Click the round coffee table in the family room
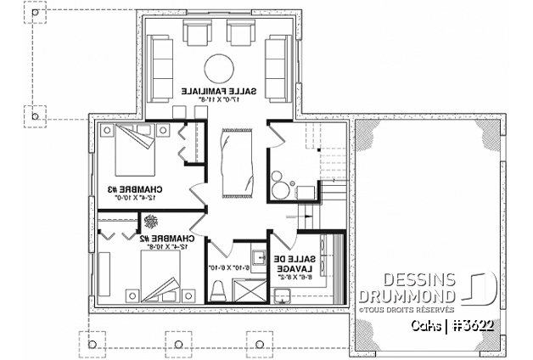219,67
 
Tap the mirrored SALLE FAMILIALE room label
219,89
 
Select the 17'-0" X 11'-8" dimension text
219,99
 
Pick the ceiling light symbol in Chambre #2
151,220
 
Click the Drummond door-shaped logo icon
478,289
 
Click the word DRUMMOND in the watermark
407,296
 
